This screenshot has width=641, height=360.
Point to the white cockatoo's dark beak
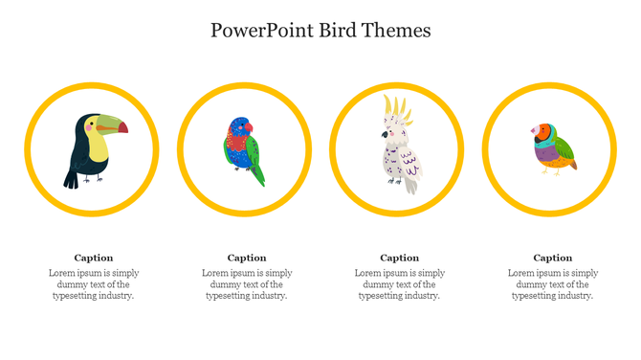(x=386, y=135)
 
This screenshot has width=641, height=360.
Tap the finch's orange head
(x=542, y=130)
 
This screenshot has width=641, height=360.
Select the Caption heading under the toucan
(x=94, y=258)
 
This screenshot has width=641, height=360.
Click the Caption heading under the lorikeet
(x=247, y=258)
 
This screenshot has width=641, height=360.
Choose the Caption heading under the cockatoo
(x=400, y=258)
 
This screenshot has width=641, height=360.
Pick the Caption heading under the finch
(x=553, y=258)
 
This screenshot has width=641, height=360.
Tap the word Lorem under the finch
(x=522, y=273)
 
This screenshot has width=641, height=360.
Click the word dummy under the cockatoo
(x=379, y=284)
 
